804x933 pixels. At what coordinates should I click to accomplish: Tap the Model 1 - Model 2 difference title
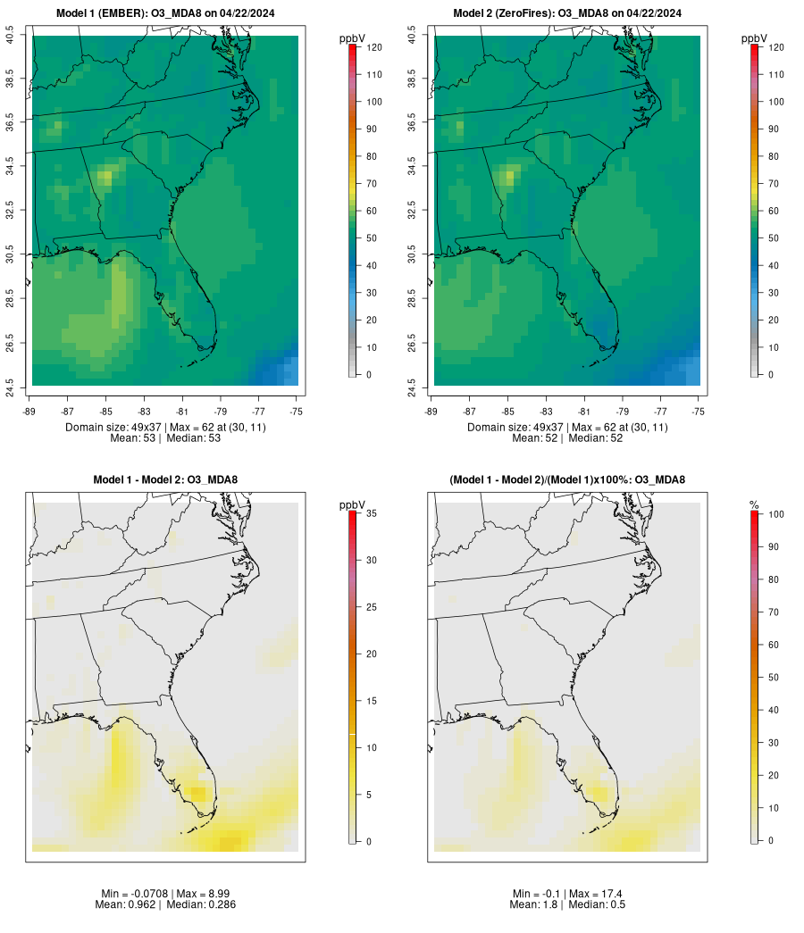pyautogui.click(x=165, y=479)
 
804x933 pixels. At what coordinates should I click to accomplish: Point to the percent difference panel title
pyautogui.click(x=568, y=479)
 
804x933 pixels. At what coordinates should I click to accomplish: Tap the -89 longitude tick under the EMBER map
pyautogui.click(x=32, y=411)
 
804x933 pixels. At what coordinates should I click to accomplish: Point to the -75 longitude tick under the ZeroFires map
pyautogui.click(x=699, y=411)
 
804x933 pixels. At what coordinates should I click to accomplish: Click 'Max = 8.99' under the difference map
pyautogui.click(x=191, y=893)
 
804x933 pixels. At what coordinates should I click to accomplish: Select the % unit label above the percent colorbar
pyautogui.click(x=754, y=505)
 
